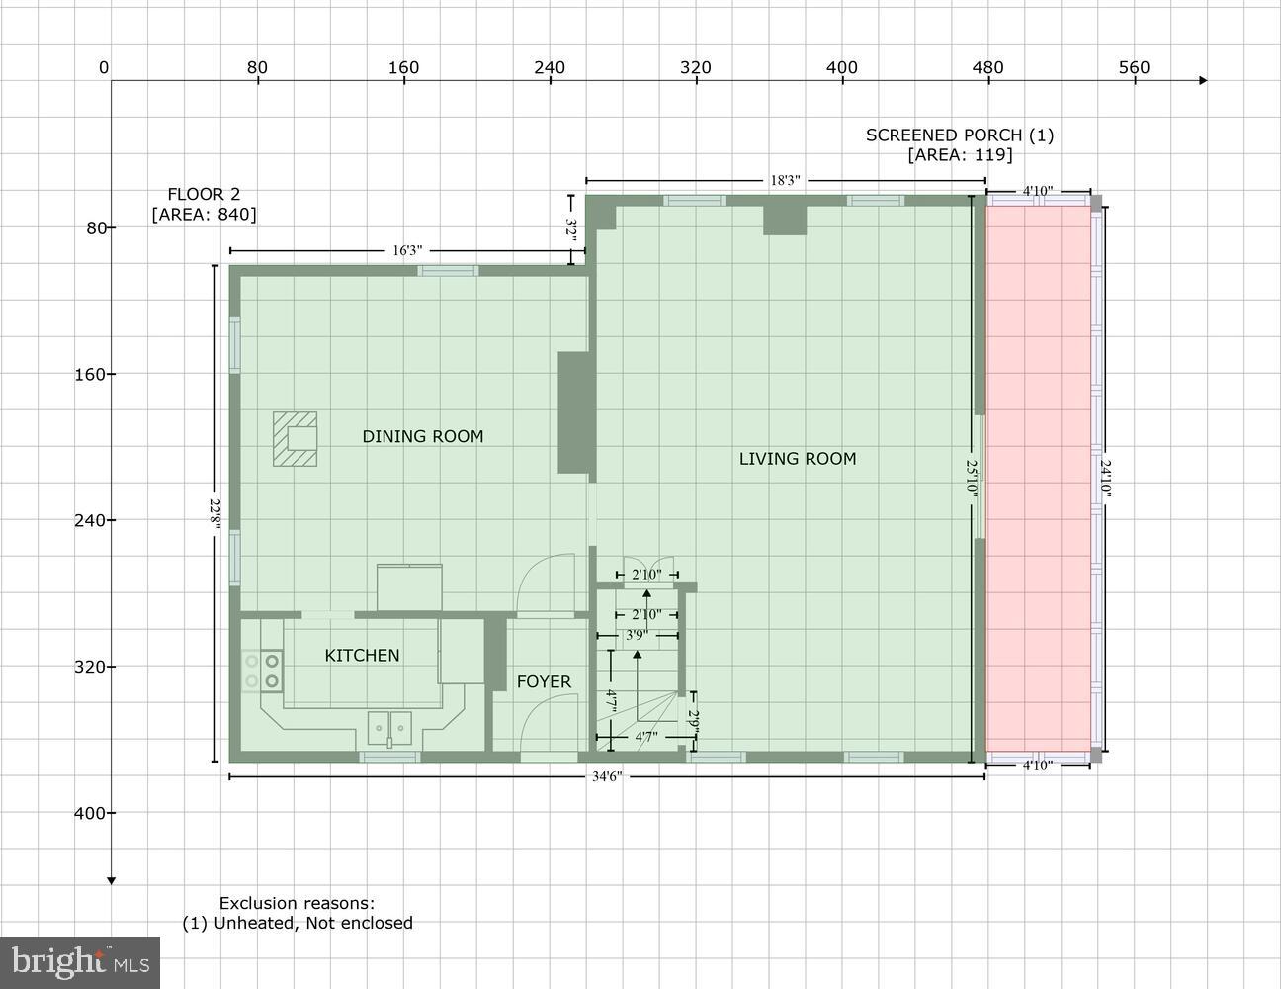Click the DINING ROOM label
click(422, 436)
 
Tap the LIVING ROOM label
click(797, 458)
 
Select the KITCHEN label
click(362, 655)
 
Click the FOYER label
click(544, 681)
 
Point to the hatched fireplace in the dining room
click(296, 438)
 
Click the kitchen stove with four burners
click(263, 671)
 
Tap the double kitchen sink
click(389, 728)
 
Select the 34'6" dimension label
click(607, 776)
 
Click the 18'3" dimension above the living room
click(785, 181)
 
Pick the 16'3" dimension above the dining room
click(407, 250)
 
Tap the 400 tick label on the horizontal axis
click(842, 67)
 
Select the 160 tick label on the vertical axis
click(90, 374)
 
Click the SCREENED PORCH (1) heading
click(960, 135)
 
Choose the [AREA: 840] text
click(204, 214)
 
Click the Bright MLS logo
click(80, 962)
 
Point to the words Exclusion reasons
click(297, 903)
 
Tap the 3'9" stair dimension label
click(637, 635)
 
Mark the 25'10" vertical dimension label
click(972, 478)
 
